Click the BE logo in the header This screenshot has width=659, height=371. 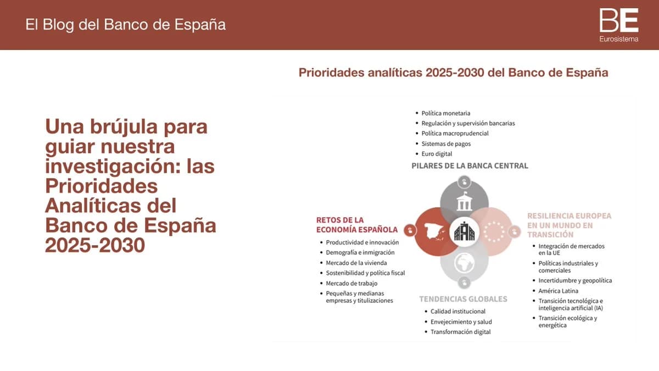619,20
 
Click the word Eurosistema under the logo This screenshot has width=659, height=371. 619,39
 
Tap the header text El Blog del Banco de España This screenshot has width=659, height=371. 125,25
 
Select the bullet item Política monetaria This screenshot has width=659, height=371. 446,113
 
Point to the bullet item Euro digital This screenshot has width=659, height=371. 437,154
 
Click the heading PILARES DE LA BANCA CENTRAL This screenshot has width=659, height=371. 470,165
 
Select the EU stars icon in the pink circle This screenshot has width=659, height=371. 494,232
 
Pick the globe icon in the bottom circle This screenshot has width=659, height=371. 464,263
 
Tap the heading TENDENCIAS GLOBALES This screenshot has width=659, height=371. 463,299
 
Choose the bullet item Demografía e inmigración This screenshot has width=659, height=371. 360,252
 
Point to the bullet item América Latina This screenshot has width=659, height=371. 558,291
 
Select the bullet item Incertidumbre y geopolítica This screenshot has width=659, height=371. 575,280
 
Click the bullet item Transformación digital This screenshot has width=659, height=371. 460,332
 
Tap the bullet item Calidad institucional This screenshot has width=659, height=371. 458,311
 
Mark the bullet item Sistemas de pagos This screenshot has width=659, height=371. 446,143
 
